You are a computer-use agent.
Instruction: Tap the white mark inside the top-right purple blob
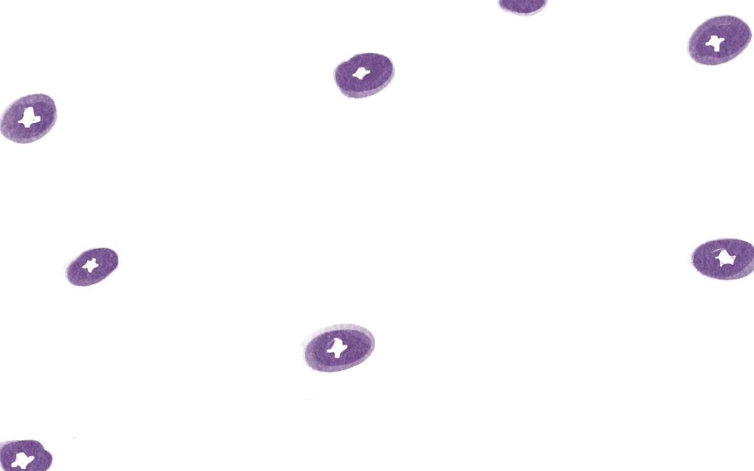pyautogui.click(x=715, y=43)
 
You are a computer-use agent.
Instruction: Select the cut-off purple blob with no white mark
pyautogui.click(x=522, y=7)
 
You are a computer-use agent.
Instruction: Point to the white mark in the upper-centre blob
pyautogui.click(x=361, y=74)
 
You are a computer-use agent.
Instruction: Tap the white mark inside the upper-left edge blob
pyautogui.click(x=29, y=118)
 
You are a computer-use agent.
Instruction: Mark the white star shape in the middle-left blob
pyautogui.click(x=91, y=265)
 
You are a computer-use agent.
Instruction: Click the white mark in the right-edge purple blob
pyautogui.click(x=726, y=258)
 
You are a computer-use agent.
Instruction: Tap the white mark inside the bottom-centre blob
pyautogui.click(x=337, y=347)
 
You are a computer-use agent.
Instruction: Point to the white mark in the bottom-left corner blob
pyautogui.click(x=22, y=461)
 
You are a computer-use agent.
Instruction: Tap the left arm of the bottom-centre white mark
pyautogui.click(x=330, y=350)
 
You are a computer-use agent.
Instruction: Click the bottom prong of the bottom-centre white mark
pyautogui.click(x=337, y=355)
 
